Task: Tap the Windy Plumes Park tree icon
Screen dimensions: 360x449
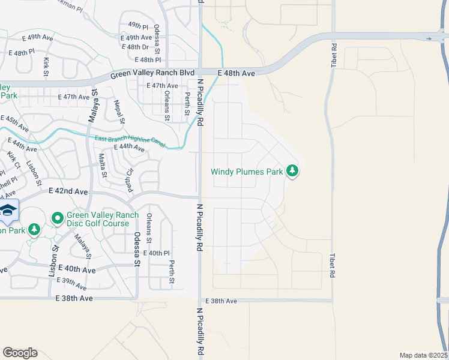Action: pyautogui.click(x=292, y=172)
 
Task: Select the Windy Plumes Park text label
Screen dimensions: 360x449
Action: pyautogui.click(x=247, y=172)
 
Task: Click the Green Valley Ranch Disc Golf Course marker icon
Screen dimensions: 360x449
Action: pyautogui.click(x=58, y=218)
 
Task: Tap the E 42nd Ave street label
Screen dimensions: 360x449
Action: pyautogui.click(x=68, y=191)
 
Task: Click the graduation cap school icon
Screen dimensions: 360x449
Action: pyautogui.click(x=8, y=210)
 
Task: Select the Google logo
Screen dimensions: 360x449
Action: pyautogui.click(x=20, y=353)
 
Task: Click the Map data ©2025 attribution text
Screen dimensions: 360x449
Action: pyautogui.click(x=423, y=355)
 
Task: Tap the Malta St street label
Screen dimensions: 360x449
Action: pyautogui.click(x=102, y=166)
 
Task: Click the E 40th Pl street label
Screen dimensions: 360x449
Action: pyautogui.click(x=148, y=253)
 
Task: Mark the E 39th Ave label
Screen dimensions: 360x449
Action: pyautogui.click(x=71, y=281)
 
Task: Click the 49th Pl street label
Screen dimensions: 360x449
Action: pyautogui.click(x=138, y=26)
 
